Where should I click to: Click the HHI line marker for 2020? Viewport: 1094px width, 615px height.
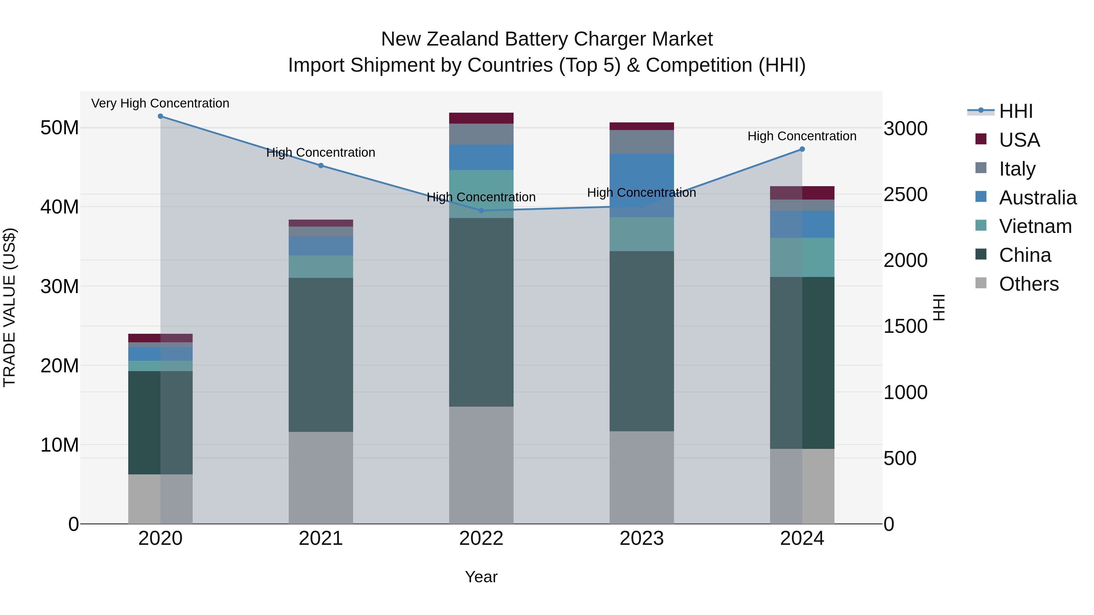click(160, 116)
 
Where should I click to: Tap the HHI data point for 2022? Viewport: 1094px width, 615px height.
click(481, 210)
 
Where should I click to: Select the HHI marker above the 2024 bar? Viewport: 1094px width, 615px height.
click(802, 149)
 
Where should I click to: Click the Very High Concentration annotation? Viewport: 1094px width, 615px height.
click(160, 103)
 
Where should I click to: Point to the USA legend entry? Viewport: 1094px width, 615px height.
click(1019, 140)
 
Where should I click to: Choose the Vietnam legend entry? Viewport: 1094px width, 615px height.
click(1035, 226)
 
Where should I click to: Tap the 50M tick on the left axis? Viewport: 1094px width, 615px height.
click(60, 128)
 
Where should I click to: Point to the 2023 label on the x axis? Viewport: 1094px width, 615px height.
click(641, 538)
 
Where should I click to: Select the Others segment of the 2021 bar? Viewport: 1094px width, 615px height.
click(321, 477)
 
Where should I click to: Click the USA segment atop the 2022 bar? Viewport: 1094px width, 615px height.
click(481, 118)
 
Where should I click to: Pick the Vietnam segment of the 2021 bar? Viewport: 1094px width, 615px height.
click(321, 267)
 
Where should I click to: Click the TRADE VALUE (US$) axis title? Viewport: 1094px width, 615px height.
click(9, 307)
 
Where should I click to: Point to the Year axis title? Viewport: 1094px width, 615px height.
click(481, 577)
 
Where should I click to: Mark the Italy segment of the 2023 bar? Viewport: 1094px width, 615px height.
click(641, 142)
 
